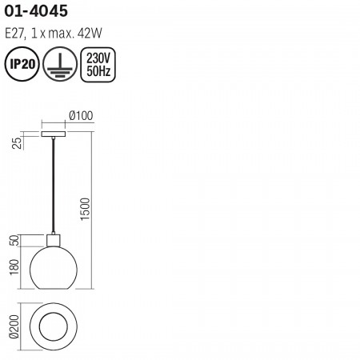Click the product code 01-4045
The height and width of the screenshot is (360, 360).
point(36,11)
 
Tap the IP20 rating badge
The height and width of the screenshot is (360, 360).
point(22,64)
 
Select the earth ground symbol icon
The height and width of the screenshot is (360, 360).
point(60,64)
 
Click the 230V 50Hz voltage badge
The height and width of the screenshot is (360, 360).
point(98,65)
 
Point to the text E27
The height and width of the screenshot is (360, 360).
point(15,34)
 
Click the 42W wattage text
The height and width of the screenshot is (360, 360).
point(90,34)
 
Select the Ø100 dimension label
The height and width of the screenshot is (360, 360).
point(81,116)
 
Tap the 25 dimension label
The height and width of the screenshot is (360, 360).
point(18,143)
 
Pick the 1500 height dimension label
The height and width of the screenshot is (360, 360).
point(86,209)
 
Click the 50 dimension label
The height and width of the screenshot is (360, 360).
point(15,240)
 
